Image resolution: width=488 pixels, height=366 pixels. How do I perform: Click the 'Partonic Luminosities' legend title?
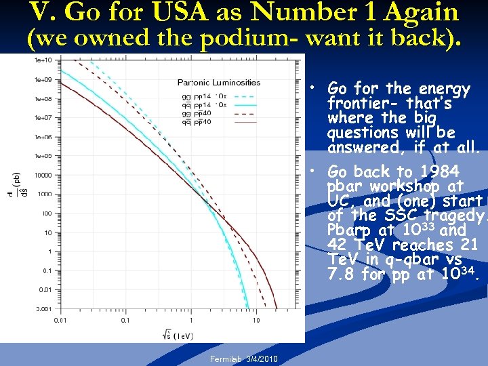coord(219,83)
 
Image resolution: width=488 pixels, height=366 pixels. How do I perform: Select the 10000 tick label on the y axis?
coord(43,175)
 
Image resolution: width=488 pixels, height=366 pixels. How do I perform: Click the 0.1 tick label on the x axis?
coord(125,320)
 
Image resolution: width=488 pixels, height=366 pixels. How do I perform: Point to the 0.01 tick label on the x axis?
coord(60,320)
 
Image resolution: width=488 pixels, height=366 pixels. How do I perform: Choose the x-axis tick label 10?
coord(256,320)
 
